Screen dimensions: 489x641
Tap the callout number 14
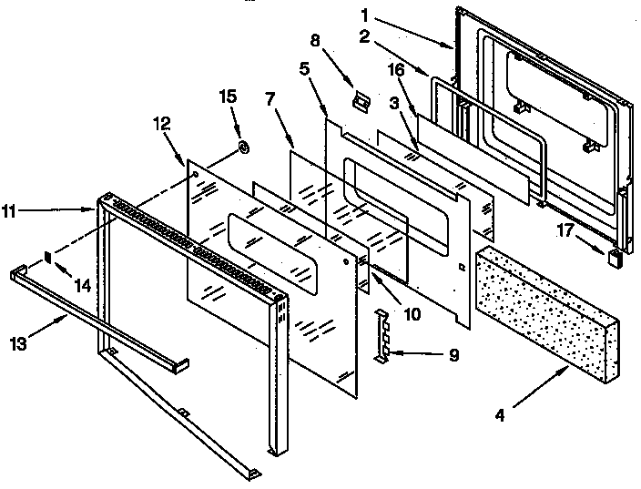click(x=83, y=286)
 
